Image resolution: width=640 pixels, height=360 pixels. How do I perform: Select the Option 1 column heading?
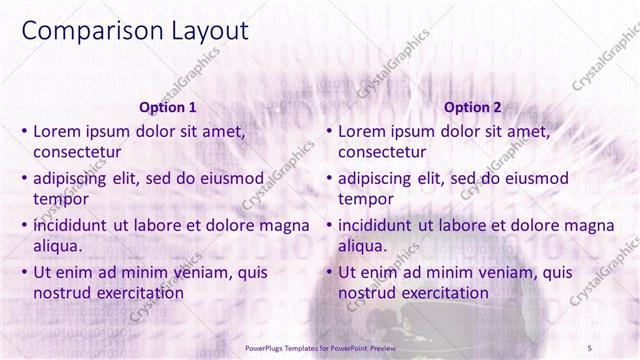[x=167, y=107]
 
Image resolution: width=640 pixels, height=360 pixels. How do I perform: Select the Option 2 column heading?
[x=472, y=107]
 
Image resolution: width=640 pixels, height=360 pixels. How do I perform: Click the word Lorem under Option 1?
[x=59, y=131]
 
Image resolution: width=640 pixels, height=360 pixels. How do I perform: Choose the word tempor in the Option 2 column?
[x=365, y=199]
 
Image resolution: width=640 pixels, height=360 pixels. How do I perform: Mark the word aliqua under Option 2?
[x=363, y=246]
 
